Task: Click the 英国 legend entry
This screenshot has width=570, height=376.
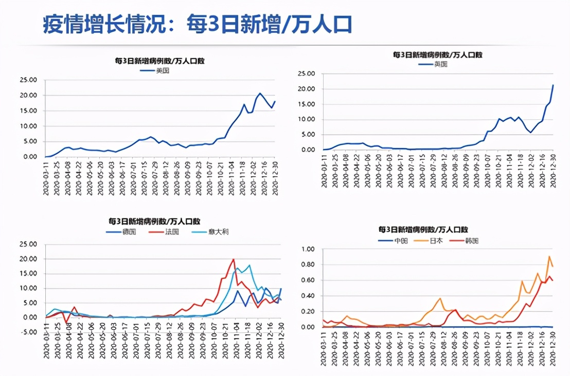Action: [441, 64]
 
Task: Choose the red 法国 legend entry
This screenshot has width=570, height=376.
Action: [172, 232]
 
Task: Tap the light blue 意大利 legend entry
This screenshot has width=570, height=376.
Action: [218, 232]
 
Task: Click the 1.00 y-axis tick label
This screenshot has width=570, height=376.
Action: [307, 250]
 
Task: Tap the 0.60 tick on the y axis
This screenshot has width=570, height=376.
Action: [307, 281]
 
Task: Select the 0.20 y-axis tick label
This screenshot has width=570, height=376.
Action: [307, 312]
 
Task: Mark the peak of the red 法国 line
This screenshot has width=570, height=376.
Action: [234, 259]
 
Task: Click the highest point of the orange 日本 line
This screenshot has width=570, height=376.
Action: [549, 256]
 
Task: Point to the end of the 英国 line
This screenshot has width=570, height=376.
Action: [553, 85]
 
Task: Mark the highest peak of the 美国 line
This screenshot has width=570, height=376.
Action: [260, 93]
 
